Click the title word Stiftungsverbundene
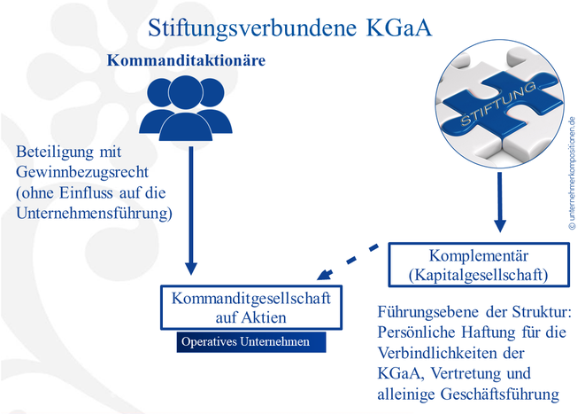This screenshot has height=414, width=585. (252, 28)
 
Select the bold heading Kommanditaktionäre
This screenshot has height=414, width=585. (186, 60)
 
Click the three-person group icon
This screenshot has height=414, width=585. (186, 108)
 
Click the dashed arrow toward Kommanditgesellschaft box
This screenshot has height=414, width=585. (348, 262)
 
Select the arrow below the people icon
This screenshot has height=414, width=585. (191, 210)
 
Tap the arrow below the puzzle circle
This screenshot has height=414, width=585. (500, 202)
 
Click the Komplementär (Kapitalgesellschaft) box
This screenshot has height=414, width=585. (479, 265)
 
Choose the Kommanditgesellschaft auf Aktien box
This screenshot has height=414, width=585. (251, 308)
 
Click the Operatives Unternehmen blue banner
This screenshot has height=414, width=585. (251, 342)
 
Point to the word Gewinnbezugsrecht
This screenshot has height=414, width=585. (82, 173)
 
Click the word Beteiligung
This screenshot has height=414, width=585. (56, 152)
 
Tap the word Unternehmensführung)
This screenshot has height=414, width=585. (94, 214)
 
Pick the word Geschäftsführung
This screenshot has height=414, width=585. (500, 394)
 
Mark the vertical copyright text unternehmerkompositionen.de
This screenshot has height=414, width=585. (573, 174)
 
